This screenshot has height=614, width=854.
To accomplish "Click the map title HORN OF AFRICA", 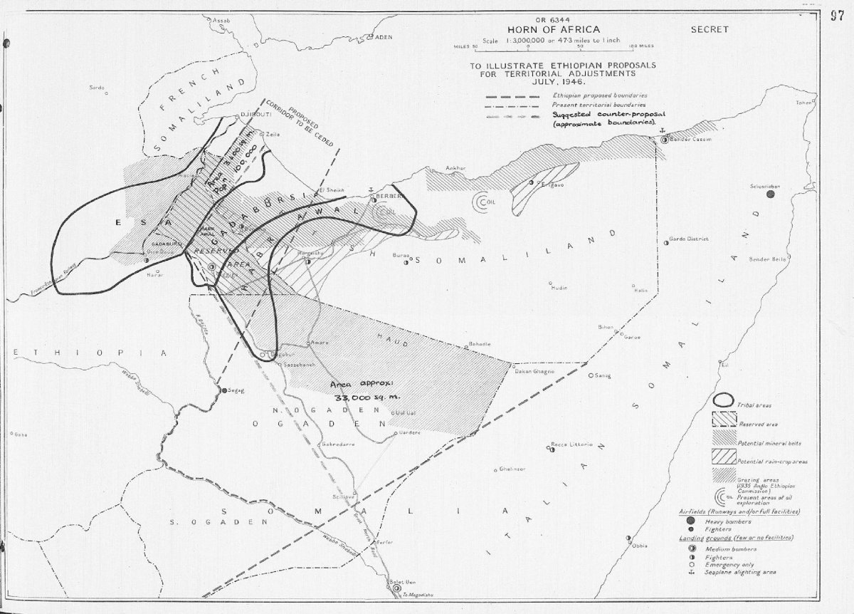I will [x=547, y=29].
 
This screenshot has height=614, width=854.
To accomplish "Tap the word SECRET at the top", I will [x=710, y=30].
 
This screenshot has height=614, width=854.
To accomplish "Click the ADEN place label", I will [x=384, y=37].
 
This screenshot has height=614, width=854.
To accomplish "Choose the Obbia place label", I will [x=638, y=546].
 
